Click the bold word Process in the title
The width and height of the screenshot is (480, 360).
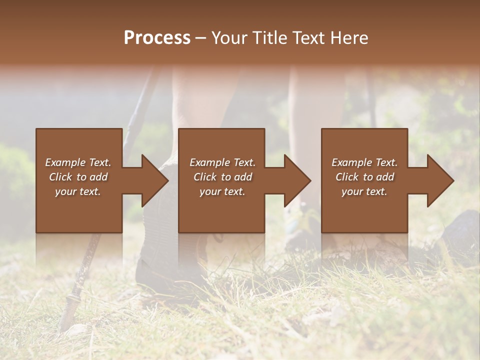(157, 38)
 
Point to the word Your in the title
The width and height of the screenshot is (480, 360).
(229, 38)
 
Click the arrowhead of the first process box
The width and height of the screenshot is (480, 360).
(154, 181)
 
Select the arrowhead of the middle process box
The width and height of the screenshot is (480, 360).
(297, 181)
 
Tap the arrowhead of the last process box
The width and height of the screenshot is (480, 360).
(440, 181)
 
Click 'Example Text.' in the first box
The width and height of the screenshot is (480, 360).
(78, 162)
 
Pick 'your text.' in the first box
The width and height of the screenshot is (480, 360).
(78, 191)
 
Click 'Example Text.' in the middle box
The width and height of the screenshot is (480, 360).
(222, 162)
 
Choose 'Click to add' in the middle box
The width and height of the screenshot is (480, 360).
(222, 177)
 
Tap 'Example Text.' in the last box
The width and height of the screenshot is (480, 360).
(364, 162)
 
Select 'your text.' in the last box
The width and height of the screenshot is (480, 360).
(364, 191)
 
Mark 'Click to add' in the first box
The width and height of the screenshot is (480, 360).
(78, 177)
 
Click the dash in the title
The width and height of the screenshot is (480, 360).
(201, 38)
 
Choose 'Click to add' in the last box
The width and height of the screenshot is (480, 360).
(364, 177)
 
